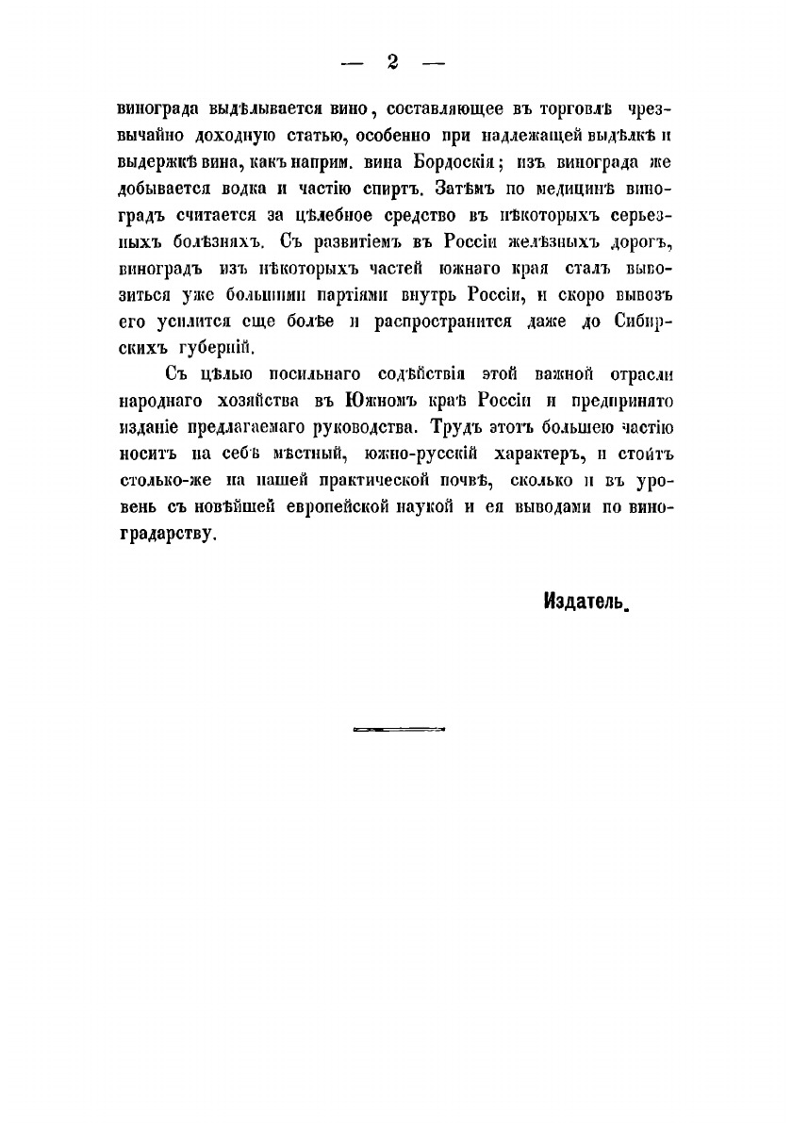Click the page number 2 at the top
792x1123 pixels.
pos(393,63)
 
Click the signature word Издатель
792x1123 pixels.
pos(585,601)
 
